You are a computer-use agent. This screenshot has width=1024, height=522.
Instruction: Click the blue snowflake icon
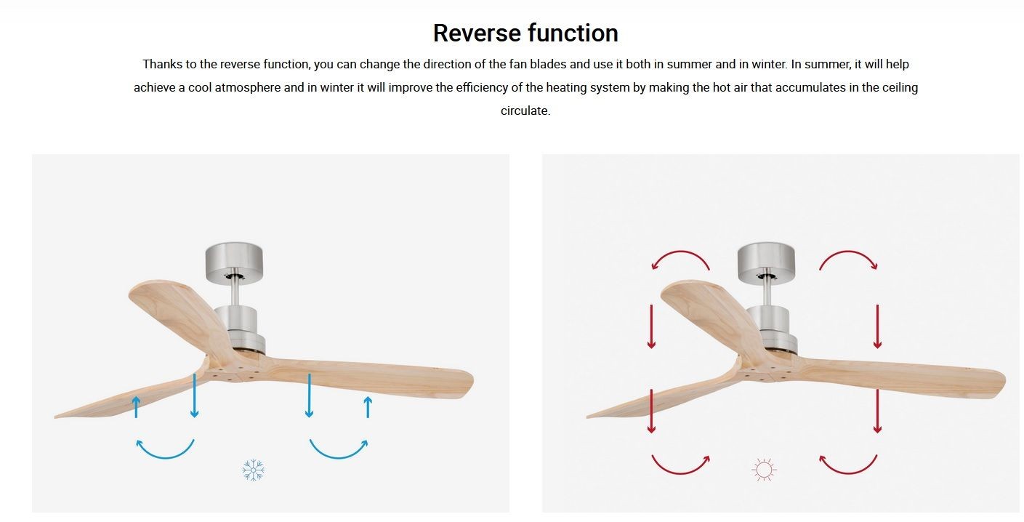(253, 470)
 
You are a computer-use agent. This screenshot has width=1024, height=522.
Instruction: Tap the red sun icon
(763, 470)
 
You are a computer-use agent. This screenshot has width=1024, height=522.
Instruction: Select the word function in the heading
(573, 33)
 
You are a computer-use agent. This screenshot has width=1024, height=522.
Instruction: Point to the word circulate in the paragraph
(525, 111)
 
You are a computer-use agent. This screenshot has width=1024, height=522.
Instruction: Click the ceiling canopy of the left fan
(234, 263)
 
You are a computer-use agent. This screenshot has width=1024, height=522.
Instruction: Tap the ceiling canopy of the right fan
(766, 263)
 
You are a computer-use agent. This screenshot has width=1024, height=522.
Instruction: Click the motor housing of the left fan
(238, 329)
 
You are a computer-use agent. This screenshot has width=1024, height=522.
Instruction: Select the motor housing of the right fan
(771, 329)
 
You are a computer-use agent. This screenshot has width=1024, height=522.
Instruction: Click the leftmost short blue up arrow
(136, 407)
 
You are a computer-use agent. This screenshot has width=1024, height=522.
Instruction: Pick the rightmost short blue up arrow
(368, 407)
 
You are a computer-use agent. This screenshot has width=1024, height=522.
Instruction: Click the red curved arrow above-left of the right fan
(680, 252)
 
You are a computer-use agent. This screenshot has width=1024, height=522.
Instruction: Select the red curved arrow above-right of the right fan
(848, 252)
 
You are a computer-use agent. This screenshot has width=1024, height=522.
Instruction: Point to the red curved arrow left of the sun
(680, 473)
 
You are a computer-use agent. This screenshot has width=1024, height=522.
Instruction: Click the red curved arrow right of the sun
(848, 473)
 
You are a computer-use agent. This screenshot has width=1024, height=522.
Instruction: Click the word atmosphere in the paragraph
(247, 87)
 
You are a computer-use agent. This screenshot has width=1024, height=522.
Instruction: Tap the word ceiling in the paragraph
(900, 88)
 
